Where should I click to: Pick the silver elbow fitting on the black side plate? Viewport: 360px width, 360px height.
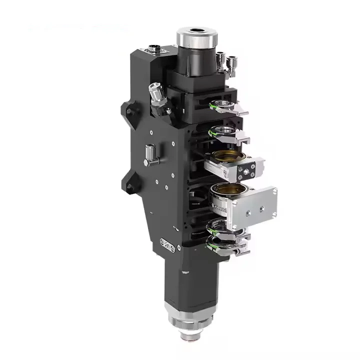(x=150, y=154)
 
